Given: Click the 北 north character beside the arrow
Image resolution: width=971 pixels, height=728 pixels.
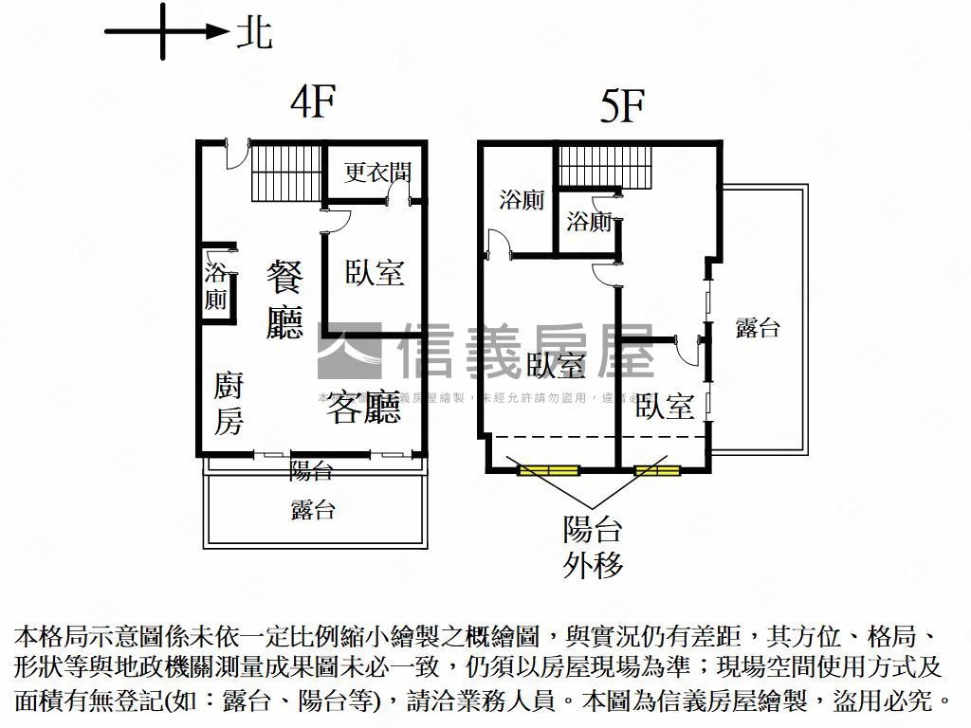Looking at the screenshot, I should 253,33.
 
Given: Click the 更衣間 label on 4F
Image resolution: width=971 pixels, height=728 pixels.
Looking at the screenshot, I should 377,173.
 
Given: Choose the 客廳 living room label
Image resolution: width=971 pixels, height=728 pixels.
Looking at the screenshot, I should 365,406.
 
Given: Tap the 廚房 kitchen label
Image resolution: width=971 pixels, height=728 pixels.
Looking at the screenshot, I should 229,403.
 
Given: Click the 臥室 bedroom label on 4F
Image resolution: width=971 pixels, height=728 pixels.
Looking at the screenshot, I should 375,272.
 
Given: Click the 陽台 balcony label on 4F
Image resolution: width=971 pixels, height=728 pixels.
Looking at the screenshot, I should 311,469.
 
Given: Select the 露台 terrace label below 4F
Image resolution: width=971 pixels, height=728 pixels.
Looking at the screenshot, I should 313,510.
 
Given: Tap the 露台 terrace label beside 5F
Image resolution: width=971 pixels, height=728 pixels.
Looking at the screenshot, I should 758,328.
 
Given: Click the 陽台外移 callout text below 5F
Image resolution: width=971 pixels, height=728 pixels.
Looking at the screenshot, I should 594,547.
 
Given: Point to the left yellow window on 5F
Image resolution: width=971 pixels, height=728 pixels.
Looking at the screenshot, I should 548,469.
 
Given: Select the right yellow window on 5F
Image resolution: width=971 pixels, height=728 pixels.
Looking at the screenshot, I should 657,469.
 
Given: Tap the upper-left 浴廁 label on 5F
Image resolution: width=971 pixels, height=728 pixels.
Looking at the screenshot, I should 522,200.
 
